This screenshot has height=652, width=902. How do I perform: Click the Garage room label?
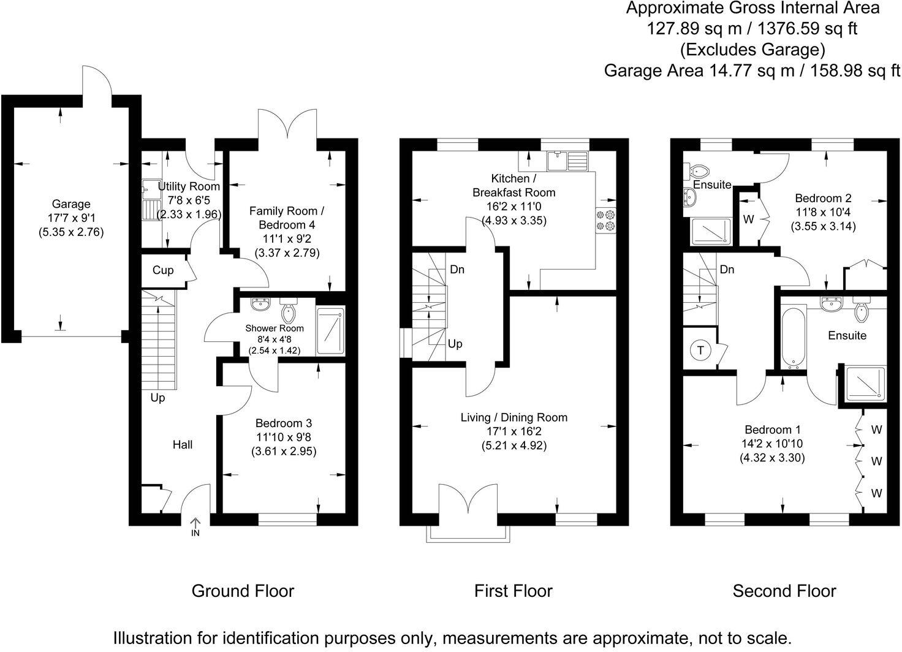point(70,204)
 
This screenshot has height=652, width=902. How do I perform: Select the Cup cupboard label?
point(162,270)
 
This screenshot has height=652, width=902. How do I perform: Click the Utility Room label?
point(189,186)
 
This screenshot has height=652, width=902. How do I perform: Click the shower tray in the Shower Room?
point(330,330)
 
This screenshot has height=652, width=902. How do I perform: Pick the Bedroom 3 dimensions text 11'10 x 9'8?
point(283,438)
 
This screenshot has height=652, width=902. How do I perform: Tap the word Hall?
point(182,445)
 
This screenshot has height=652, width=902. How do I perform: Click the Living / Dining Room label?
point(514,417)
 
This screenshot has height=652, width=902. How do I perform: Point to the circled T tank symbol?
point(700,351)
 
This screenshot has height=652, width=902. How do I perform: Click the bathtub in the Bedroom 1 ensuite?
point(792,337)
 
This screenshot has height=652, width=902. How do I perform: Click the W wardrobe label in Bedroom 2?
point(748,219)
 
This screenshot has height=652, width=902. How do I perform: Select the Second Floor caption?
point(784,591)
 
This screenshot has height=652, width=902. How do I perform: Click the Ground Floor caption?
point(243,591)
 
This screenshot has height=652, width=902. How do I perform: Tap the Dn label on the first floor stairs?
point(457,269)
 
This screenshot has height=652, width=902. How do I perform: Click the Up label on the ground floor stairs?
point(157,398)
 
